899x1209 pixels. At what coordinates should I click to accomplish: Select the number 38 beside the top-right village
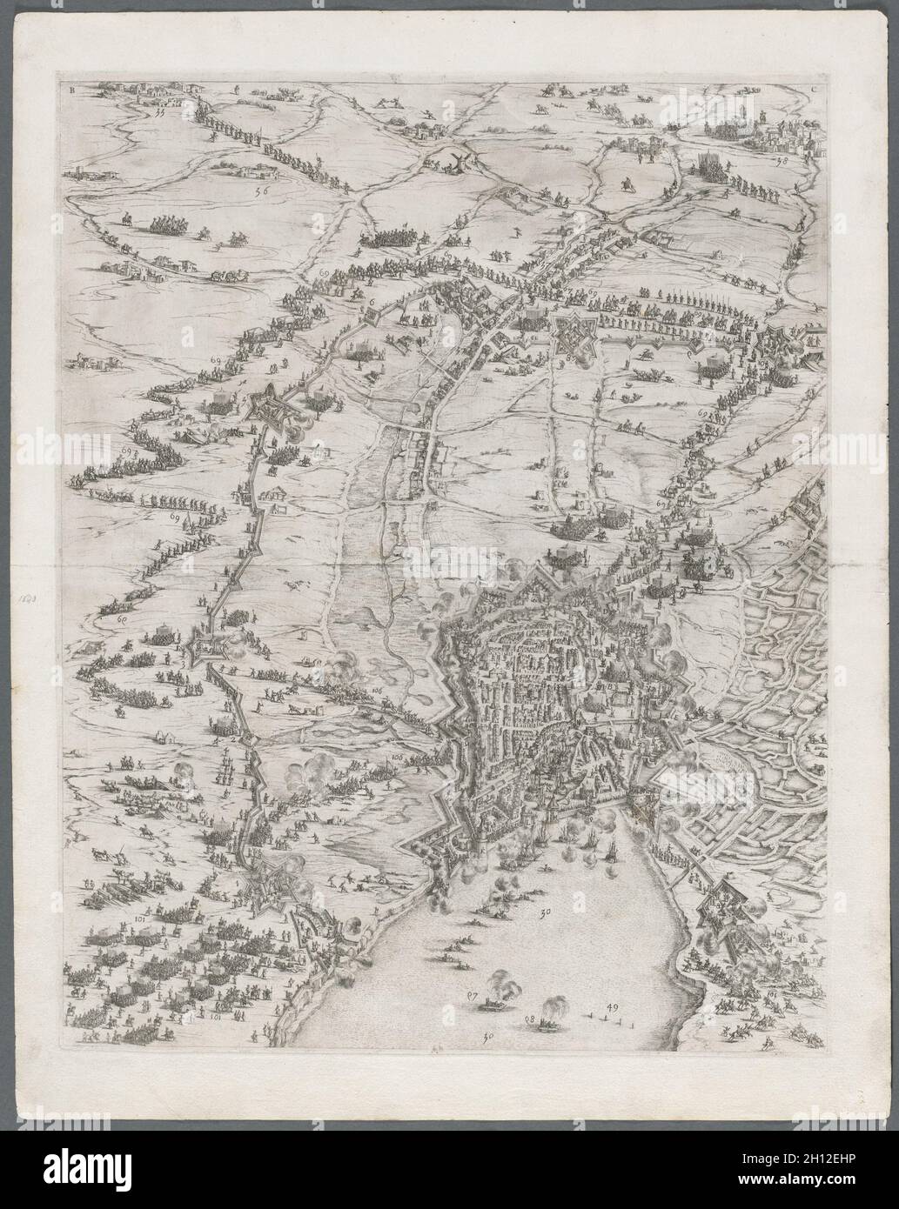[780, 161]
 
